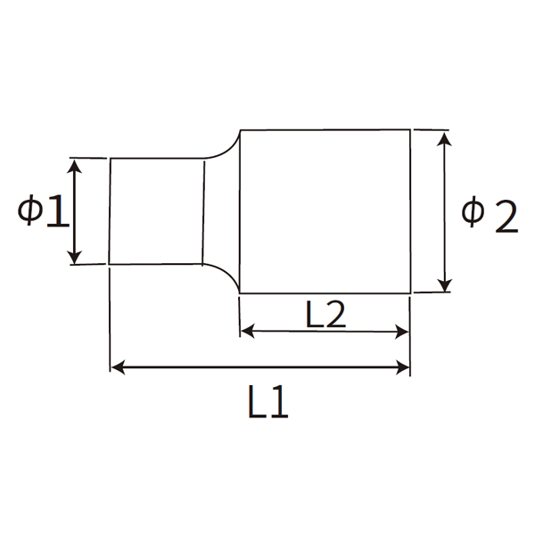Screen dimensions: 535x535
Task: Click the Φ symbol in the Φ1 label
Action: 31,211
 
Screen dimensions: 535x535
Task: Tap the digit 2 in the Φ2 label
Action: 504,217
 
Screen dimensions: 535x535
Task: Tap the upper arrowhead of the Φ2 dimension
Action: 443,136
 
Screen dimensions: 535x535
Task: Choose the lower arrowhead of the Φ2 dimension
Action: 443,285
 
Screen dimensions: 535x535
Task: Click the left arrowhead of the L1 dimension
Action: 117,366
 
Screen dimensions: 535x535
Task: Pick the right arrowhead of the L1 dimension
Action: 403,366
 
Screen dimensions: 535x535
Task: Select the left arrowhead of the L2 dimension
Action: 248,332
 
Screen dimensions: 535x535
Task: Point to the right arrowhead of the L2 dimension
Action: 403,332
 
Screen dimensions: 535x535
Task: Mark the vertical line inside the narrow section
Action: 203,211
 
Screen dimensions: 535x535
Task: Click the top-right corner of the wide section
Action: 410,129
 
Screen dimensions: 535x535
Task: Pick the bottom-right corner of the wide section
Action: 410,292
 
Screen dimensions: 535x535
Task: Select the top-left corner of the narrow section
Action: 110,159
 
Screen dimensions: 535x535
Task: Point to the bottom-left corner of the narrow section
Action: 110,264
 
